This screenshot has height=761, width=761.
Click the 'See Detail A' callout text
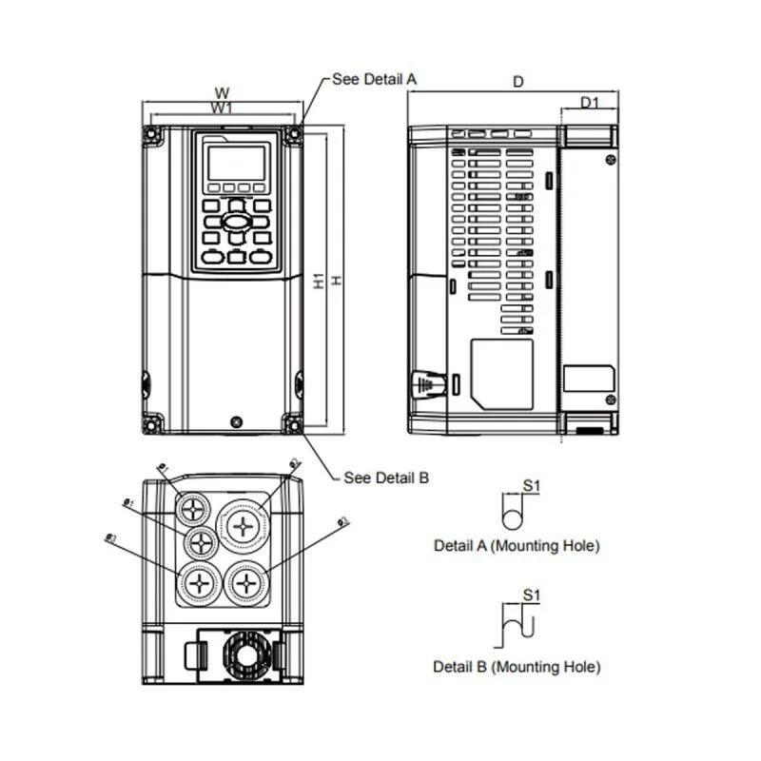coord(374,79)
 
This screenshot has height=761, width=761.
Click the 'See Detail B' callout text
coord(385,478)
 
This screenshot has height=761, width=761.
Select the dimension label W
coord(222,93)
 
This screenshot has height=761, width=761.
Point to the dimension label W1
coord(222,108)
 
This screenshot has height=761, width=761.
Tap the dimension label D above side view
coord(518,83)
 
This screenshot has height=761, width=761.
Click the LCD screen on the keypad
coord(236,164)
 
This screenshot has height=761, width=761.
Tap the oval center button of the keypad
coord(236,221)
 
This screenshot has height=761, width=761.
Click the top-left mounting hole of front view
coord(152,136)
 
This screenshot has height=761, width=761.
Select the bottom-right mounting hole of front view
coord(292,422)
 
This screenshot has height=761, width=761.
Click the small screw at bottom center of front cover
coord(236,420)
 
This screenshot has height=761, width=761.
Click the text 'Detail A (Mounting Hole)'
coord(517,546)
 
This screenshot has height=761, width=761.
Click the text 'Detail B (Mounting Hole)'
coord(517,667)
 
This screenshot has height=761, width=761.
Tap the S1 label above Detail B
coord(532,596)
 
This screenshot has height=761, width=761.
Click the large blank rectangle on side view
coord(503,374)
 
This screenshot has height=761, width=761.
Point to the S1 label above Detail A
coord(532,486)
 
